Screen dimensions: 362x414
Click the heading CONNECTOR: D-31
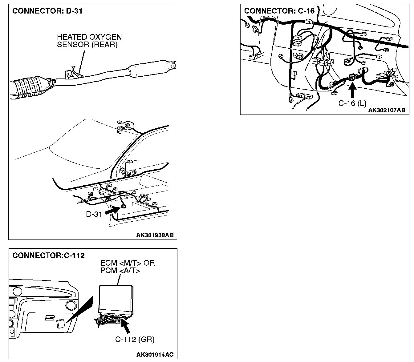47,11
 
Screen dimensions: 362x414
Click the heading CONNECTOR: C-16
279,11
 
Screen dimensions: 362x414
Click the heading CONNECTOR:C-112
48,255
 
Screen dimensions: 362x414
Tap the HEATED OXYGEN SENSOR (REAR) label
89,41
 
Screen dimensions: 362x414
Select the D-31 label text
94,214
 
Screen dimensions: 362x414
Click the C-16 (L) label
352,103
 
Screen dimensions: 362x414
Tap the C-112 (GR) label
135,340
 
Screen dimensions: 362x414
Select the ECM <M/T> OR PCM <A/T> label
128,267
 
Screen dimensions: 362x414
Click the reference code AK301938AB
155,235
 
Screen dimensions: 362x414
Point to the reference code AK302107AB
387,110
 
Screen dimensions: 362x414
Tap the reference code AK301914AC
155,355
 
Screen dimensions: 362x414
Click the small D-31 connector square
124,206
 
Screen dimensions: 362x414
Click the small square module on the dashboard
60,324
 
